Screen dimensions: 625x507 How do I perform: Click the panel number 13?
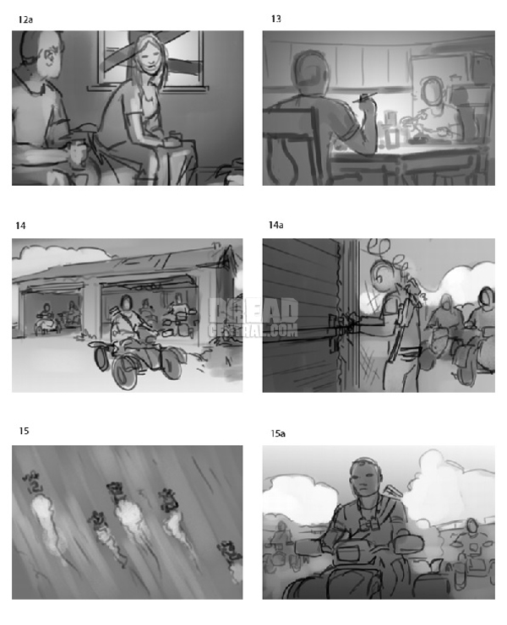point(275,18)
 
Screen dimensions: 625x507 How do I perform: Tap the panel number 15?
point(24,431)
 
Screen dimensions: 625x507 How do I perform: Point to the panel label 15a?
point(277,433)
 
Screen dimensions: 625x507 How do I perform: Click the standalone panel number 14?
point(21,225)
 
